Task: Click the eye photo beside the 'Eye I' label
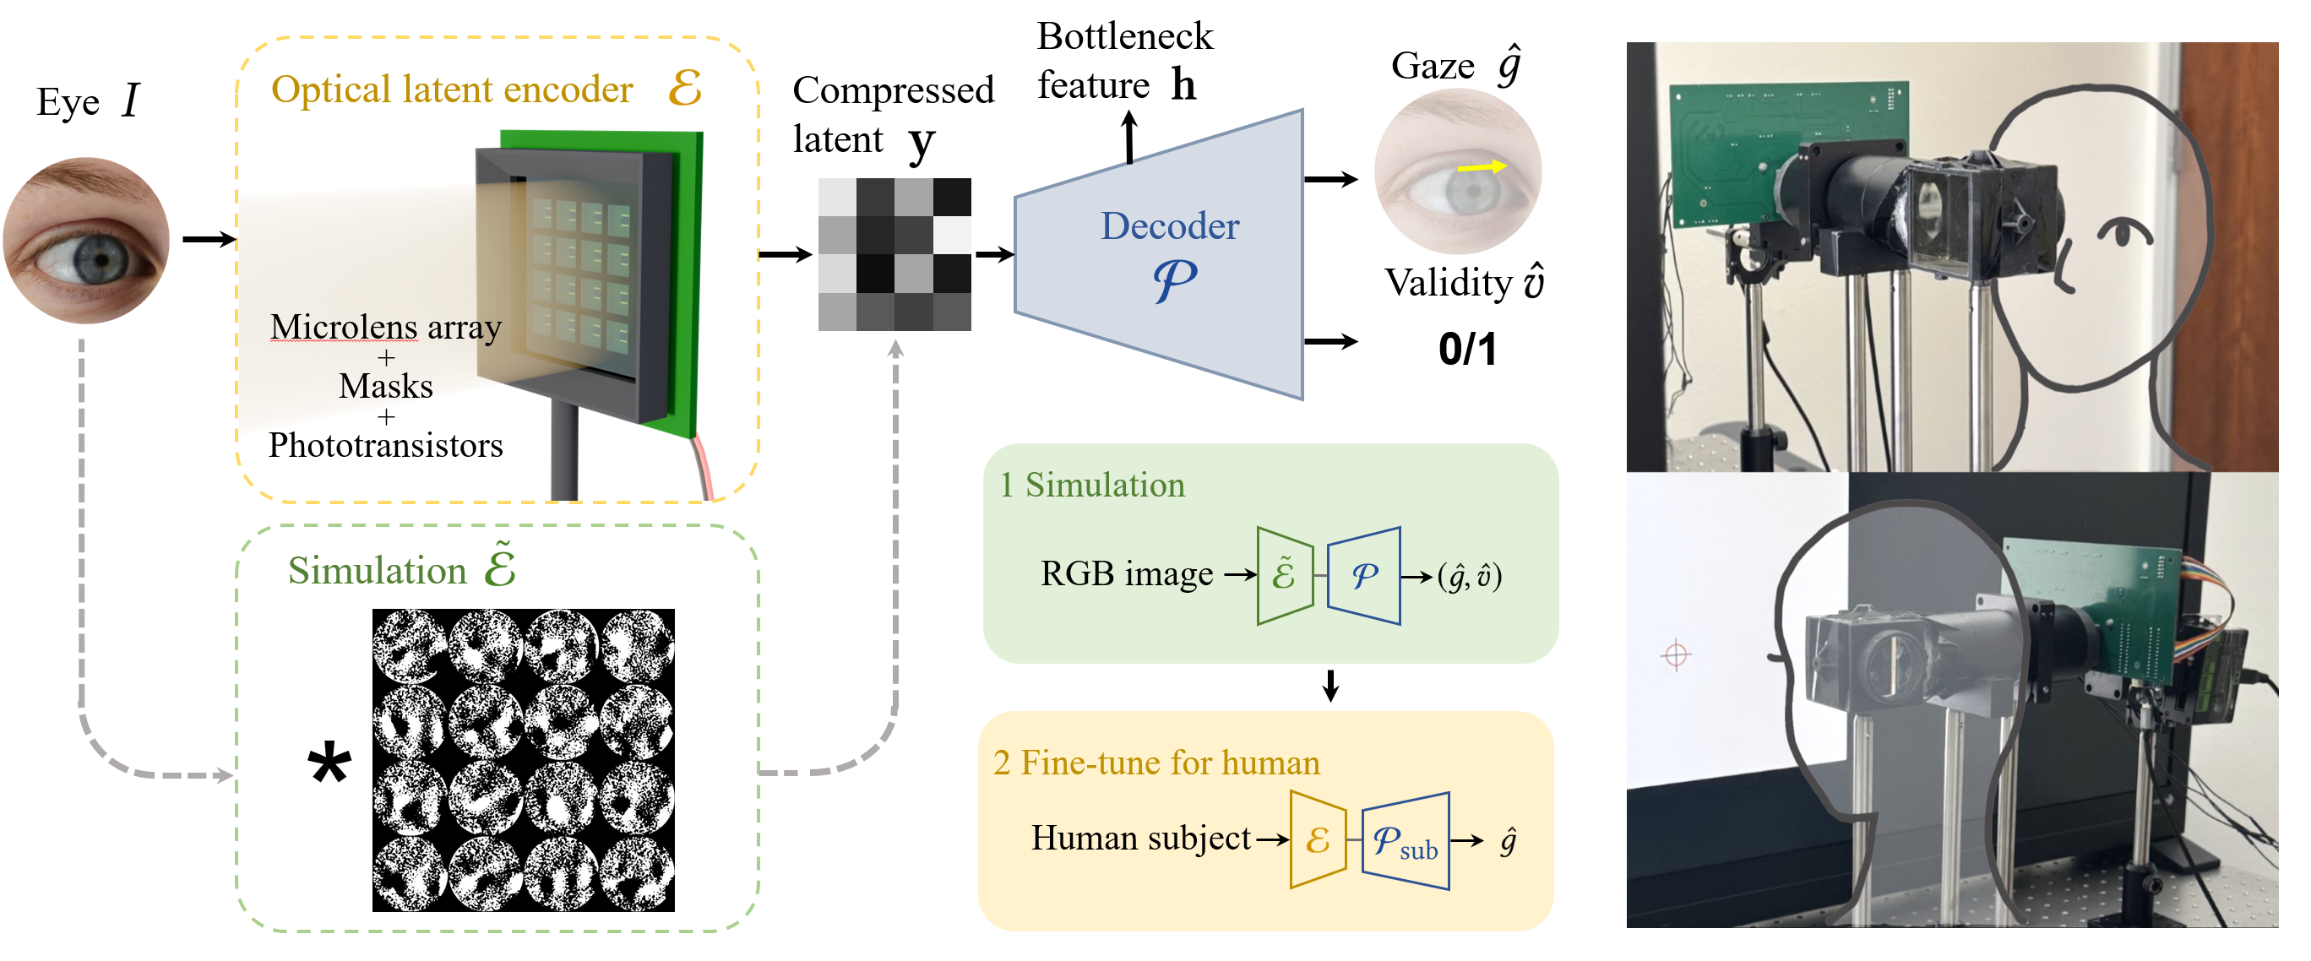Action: (x=86, y=241)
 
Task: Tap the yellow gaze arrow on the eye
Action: (x=1482, y=167)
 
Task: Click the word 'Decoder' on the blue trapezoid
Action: (x=1170, y=226)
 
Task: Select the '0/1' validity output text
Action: (x=1468, y=349)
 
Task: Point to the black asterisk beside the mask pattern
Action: (x=329, y=765)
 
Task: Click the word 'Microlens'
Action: (x=344, y=328)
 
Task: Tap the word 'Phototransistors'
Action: (x=386, y=446)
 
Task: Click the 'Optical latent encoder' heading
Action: (x=452, y=90)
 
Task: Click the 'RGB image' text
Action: (x=1127, y=573)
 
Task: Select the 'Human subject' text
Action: (x=1140, y=838)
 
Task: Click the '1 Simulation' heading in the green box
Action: (x=1093, y=486)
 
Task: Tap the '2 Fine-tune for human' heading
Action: (x=1156, y=763)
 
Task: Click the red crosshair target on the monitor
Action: (x=1676, y=655)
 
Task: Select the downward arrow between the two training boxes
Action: (x=1331, y=686)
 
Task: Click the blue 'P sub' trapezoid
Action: (x=1405, y=841)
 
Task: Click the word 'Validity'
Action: (x=1448, y=284)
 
